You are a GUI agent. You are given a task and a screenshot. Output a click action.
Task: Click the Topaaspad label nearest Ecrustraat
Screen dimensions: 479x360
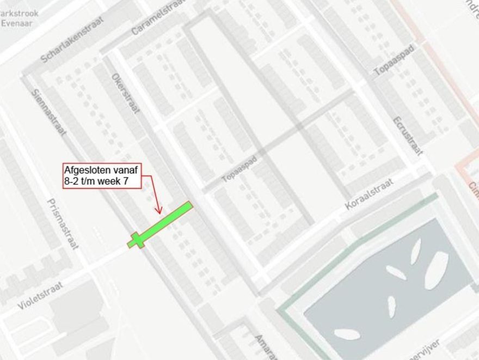394,60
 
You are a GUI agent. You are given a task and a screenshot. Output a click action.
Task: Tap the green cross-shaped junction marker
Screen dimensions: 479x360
137,240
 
